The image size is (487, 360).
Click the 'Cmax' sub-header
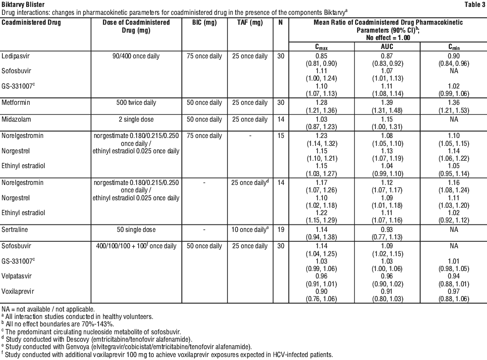coord(323,47)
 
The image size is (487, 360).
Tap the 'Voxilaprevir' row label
coord(17,292)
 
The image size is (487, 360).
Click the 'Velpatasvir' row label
coord(17,276)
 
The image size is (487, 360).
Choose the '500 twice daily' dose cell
coord(136,103)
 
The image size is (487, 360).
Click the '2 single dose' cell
coord(136,120)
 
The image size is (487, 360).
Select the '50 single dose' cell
coord(136,229)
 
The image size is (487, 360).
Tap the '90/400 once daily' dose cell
coord(136,56)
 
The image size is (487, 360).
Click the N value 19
coord(280,229)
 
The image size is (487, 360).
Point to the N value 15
coord(280,135)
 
